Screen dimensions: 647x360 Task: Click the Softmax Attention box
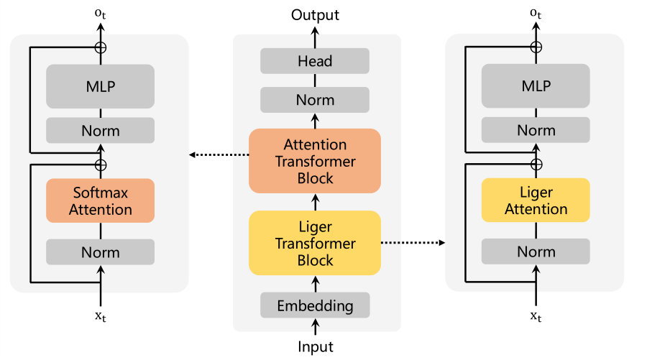(x=100, y=200)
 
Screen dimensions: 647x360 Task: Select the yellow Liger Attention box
(x=536, y=200)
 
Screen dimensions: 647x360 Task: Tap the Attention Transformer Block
(x=315, y=161)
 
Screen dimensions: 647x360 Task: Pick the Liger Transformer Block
(x=315, y=243)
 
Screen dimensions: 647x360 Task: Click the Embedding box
(x=315, y=305)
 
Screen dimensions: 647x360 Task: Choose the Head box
(x=315, y=61)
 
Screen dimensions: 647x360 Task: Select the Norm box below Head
(x=315, y=100)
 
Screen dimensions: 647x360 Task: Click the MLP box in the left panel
(x=100, y=86)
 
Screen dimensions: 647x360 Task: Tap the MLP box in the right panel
(x=536, y=86)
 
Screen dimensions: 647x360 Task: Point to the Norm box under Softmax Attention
(x=100, y=252)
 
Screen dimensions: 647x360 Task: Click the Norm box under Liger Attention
(x=536, y=251)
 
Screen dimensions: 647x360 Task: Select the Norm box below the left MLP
(x=100, y=130)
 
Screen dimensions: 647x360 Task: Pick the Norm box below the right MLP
(x=536, y=130)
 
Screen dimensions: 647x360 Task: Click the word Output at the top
(x=315, y=15)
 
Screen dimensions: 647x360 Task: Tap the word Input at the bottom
(x=316, y=347)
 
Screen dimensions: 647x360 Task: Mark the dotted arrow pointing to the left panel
(x=219, y=154)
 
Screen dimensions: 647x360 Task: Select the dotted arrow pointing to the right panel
(x=413, y=242)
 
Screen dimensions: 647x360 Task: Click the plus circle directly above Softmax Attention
(x=100, y=165)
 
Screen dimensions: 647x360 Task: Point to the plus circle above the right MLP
(x=536, y=47)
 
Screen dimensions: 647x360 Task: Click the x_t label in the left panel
(x=100, y=317)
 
